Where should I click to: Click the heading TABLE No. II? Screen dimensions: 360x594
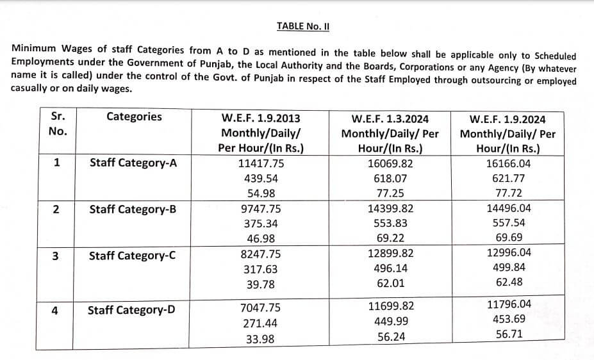(302, 26)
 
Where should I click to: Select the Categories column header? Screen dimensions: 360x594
(134, 117)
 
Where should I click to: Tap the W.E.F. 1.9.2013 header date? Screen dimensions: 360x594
(261, 119)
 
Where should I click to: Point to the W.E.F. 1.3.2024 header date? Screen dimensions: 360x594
(390, 119)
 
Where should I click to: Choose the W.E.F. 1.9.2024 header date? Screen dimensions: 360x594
(507, 119)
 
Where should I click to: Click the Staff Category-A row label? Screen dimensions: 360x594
(133, 163)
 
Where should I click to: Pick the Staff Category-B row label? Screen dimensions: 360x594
(133, 209)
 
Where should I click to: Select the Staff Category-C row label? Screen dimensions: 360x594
(133, 256)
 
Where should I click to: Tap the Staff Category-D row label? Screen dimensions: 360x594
(131, 311)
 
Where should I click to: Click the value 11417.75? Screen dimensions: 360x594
(261, 163)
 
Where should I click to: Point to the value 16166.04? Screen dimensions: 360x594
(509, 163)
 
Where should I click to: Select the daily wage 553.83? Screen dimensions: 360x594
(390, 224)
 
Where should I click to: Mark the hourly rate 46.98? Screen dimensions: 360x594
(261, 239)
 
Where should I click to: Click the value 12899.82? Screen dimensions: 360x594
(390, 254)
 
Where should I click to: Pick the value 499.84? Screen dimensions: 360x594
(509, 268)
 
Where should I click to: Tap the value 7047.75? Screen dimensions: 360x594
(260, 308)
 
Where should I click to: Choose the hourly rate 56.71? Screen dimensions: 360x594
(509, 334)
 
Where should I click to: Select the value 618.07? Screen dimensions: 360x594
(390, 178)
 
